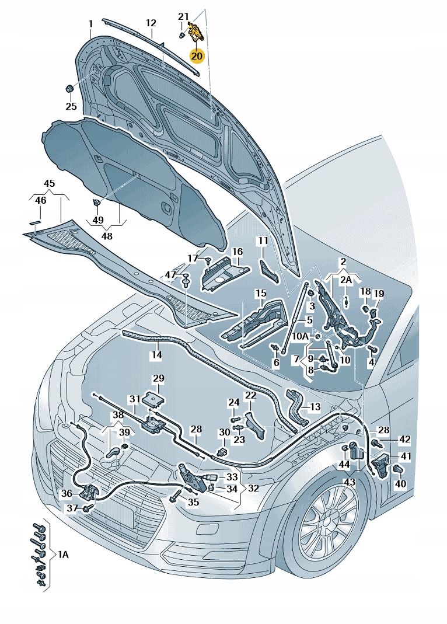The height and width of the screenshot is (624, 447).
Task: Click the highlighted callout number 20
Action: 197,56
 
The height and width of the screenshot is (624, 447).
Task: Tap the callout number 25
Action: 71,106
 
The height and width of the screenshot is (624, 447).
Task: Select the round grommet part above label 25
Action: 68,89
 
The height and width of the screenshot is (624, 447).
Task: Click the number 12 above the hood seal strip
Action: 151,23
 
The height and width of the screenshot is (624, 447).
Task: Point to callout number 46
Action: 40,201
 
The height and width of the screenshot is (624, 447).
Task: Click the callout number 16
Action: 236,252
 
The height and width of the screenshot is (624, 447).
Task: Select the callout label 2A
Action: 346,280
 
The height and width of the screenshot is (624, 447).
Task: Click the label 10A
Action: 301,337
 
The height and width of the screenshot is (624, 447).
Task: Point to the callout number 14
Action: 156,354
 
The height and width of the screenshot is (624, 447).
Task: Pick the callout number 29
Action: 159,379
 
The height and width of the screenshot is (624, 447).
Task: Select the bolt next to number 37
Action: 88,509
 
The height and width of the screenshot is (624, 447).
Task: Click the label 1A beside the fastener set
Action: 62,555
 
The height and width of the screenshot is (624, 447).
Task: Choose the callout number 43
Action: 349,482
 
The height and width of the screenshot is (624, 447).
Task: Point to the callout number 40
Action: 400,484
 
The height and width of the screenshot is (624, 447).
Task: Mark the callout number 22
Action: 250,395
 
